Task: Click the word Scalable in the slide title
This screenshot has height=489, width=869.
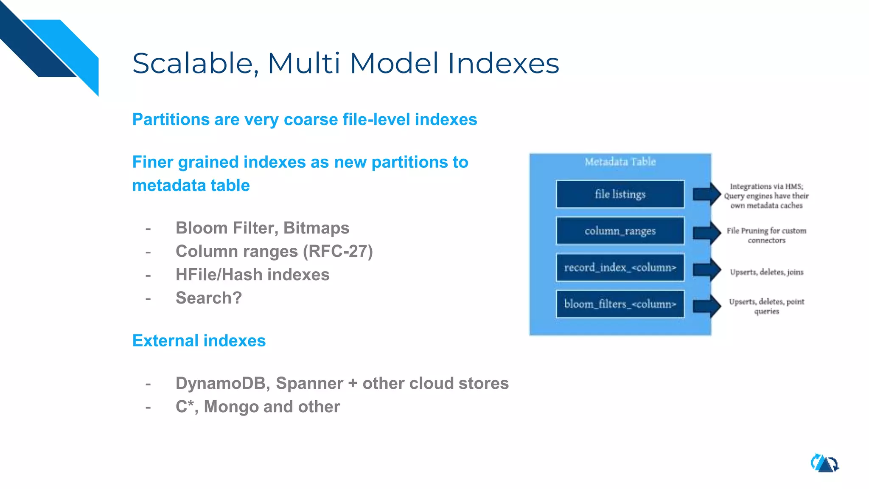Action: pos(193,64)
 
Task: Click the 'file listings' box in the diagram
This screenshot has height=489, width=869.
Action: pos(620,194)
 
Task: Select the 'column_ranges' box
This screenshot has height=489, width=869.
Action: pos(620,231)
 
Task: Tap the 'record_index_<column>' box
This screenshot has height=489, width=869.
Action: pos(620,267)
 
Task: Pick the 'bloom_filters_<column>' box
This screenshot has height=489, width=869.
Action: pos(620,304)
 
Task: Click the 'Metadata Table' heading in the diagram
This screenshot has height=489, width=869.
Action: pos(620,162)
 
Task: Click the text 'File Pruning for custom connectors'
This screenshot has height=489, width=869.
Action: pos(766,235)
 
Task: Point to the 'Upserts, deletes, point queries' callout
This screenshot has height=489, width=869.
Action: pos(766,306)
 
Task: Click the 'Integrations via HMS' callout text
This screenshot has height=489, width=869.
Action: pos(766,196)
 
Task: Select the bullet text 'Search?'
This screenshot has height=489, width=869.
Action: pos(208,298)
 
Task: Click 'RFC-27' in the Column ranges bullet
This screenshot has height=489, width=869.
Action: pos(337,251)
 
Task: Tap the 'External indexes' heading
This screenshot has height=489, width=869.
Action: pos(199,340)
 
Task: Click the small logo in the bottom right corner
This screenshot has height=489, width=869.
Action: pos(824,463)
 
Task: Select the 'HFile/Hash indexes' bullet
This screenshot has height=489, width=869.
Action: pos(252,275)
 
